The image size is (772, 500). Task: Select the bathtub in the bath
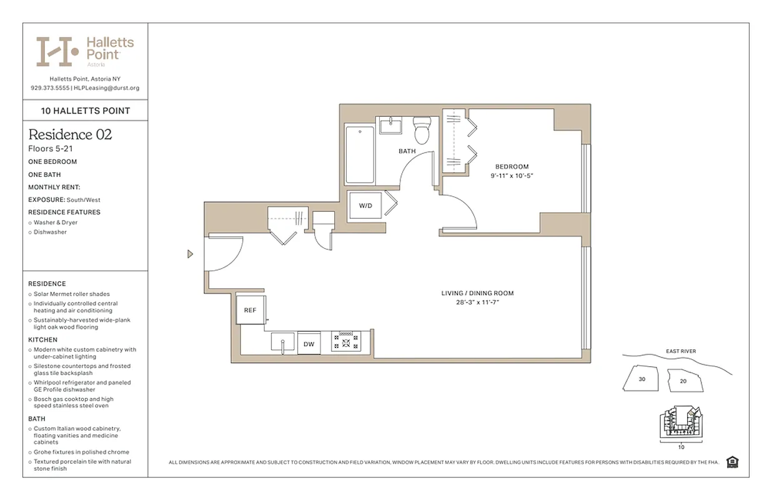pos(359,155)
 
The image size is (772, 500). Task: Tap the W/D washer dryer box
pos(365,205)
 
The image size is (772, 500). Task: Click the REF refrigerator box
pos(250,310)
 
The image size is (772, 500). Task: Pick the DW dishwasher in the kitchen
pos(309,343)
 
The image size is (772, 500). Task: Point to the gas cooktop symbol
pos(345,342)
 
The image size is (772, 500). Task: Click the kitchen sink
pos(283,342)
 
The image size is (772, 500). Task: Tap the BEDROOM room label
pos(512,167)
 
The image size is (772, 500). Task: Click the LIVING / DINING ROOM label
pos(477,293)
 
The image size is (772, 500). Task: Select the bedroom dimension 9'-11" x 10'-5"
pos(512,176)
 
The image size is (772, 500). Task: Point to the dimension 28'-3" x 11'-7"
pos(477,302)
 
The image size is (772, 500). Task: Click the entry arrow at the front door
pos(191,254)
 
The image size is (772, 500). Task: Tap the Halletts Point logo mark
pos(57,51)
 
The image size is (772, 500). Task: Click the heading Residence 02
pos(70,134)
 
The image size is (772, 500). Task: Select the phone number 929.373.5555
pos(49,88)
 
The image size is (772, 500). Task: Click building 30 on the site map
pos(641,379)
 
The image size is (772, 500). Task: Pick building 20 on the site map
pos(683,380)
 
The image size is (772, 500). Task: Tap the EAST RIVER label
pos(680,351)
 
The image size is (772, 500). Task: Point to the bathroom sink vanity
pos(391,124)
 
